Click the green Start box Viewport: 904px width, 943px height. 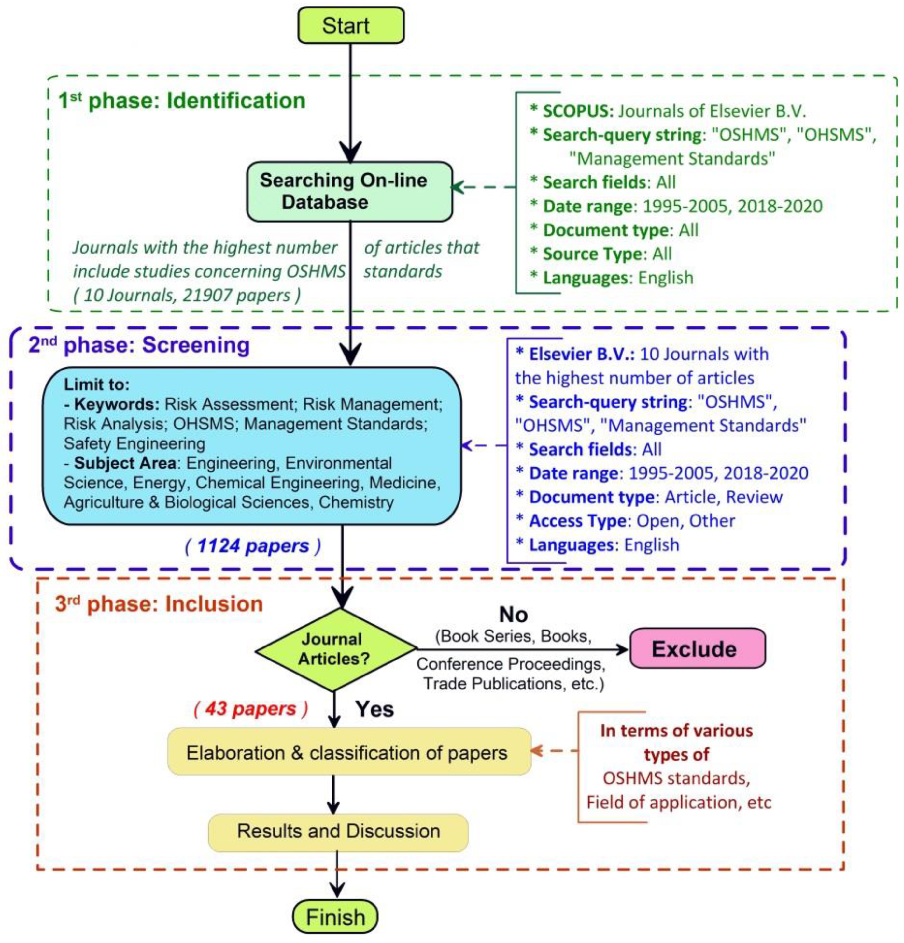(x=350, y=25)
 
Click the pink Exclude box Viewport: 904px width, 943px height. (x=697, y=648)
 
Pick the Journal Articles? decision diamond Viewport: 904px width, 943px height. (x=335, y=649)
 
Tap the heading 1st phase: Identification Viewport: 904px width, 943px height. (x=182, y=101)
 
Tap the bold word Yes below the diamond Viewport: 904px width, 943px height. (x=374, y=709)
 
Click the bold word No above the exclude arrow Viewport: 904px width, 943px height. (x=513, y=615)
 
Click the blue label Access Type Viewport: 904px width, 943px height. (x=577, y=521)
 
